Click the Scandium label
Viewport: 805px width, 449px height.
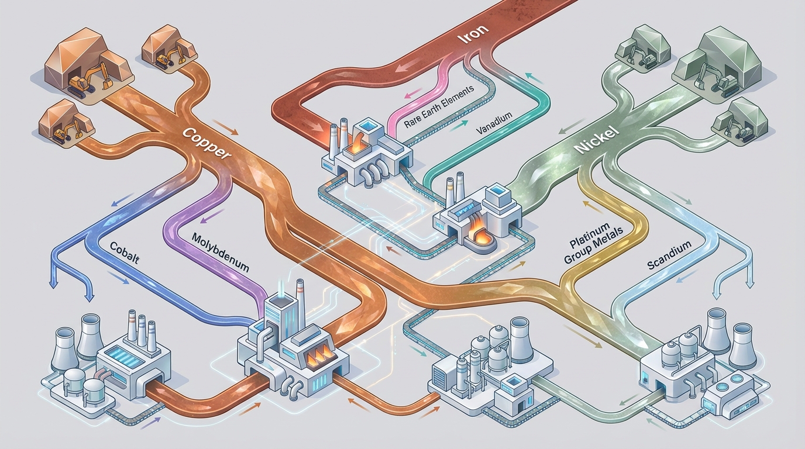pos(669,254)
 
